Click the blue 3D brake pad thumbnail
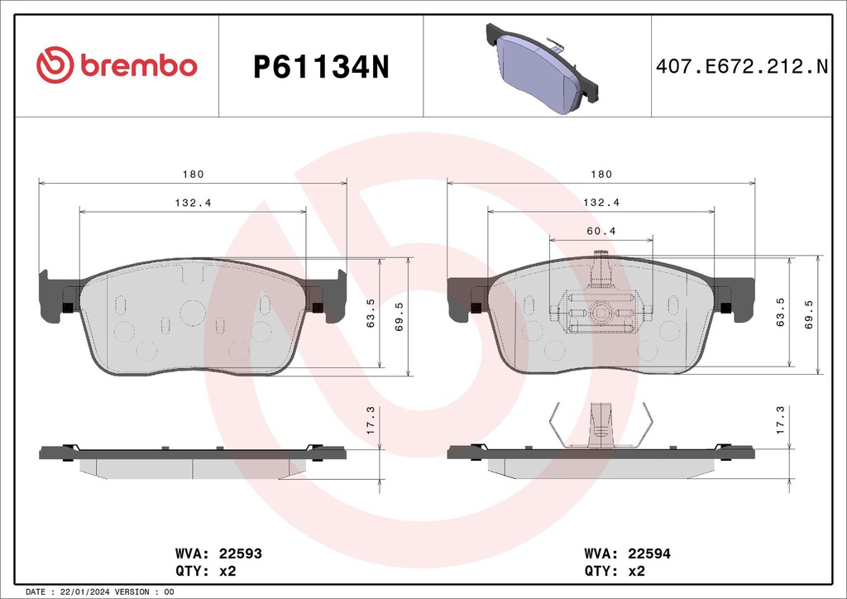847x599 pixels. [538, 71]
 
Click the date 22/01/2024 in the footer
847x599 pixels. [87, 592]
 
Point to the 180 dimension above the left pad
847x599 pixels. [193, 175]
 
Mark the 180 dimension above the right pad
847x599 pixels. [601, 175]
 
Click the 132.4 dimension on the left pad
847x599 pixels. [193, 203]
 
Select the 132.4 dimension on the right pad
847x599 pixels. [601, 203]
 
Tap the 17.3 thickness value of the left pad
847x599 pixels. [371, 422]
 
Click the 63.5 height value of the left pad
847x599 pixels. [371, 314]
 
